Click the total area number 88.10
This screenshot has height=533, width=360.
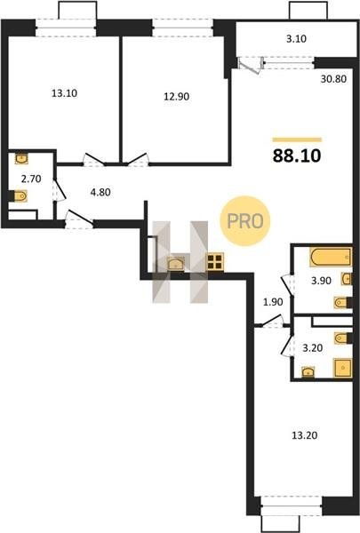click(x=297, y=155)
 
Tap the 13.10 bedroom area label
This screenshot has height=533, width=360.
click(x=64, y=92)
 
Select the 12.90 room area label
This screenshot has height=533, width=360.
click(x=177, y=97)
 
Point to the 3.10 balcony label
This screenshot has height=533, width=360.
click(x=296, y=39)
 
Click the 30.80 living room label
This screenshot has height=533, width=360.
click(x=333, y=79)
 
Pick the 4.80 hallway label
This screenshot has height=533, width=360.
click(x=100, y=192)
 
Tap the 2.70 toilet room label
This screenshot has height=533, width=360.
click(x=31, y=179)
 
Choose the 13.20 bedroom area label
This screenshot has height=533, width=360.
click(x=305, y=435)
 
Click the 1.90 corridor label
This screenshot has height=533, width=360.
click(x=273, y=301)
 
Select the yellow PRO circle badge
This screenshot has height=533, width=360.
click(x=245, y=221)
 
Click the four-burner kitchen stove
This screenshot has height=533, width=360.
click(x=215, y=262)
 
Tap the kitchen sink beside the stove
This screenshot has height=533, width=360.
click(x=176, y=264)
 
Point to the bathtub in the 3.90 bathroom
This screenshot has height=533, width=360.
click(x=331, y=258)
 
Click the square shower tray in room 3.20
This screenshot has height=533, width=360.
click(x=343, y=368)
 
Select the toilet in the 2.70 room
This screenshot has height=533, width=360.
click(x=20, y=196)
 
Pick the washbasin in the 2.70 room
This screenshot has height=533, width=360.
click(x=21, y=158)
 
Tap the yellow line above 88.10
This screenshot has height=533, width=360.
click(x=297, y=139)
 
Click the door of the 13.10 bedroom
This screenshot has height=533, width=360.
click(x=94, y=160)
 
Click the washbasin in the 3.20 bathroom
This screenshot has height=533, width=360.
click(x=308, y=372)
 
